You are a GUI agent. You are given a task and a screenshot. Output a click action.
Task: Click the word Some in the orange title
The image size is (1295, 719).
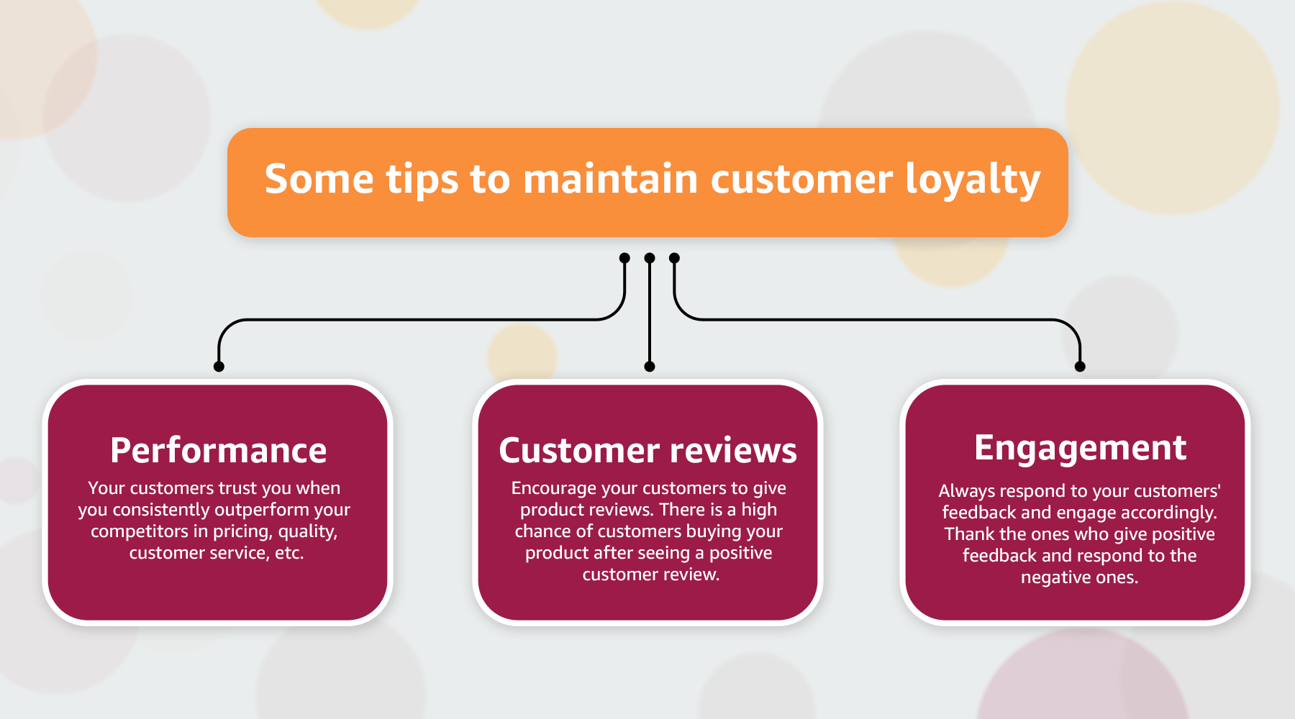(319, 179)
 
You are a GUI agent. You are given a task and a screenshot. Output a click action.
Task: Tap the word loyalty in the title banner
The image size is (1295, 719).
(972, 180)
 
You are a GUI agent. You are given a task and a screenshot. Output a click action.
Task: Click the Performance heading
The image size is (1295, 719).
(218, 451)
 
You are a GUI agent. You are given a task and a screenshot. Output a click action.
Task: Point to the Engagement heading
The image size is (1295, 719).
(1080, 448)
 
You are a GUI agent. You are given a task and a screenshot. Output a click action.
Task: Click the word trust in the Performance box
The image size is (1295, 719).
(237, 488)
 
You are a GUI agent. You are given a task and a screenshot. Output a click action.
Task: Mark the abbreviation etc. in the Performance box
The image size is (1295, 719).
(289, 553)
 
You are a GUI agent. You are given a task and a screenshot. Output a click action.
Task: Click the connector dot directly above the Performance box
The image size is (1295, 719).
(219, 367)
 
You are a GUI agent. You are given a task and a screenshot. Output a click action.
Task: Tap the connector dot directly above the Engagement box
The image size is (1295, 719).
(1080, 367)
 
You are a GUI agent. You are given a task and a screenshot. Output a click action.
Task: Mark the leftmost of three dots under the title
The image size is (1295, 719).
(624, 258)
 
